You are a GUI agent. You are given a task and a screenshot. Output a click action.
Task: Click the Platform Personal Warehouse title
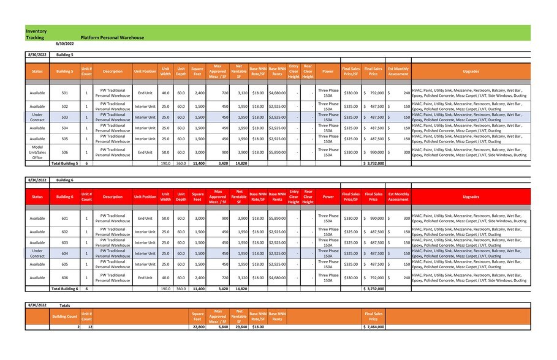[112, 37]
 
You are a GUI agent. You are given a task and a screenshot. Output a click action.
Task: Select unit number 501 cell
[64, 93]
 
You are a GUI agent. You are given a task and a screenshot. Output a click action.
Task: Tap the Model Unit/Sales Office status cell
[37, 152]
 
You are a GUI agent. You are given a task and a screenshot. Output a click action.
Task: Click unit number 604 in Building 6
[64, 253]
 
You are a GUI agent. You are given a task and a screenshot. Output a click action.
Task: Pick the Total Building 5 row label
[64, 163]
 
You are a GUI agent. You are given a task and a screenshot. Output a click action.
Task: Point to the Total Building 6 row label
[64, 288]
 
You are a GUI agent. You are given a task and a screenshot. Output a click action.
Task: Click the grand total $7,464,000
[373, 327]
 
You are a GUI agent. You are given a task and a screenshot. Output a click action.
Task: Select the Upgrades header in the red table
[471, 197]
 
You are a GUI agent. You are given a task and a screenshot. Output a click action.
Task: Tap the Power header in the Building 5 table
[328, 72]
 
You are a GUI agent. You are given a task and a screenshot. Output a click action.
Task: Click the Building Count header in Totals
[64, 317]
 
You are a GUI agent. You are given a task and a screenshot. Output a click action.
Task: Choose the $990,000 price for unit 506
[373, 152]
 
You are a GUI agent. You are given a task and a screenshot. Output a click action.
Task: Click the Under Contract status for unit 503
[37, 117]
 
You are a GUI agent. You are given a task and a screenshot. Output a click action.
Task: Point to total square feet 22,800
[197, 327]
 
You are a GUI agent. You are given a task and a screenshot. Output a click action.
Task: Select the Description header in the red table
[113, 197]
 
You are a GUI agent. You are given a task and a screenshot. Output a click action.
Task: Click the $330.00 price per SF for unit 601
[350, 219]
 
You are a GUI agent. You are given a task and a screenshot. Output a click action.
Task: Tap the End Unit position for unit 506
[145, 152]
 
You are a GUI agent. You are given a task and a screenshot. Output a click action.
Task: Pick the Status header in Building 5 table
[37, 72]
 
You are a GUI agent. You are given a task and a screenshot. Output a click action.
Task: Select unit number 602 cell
[64, 232]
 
